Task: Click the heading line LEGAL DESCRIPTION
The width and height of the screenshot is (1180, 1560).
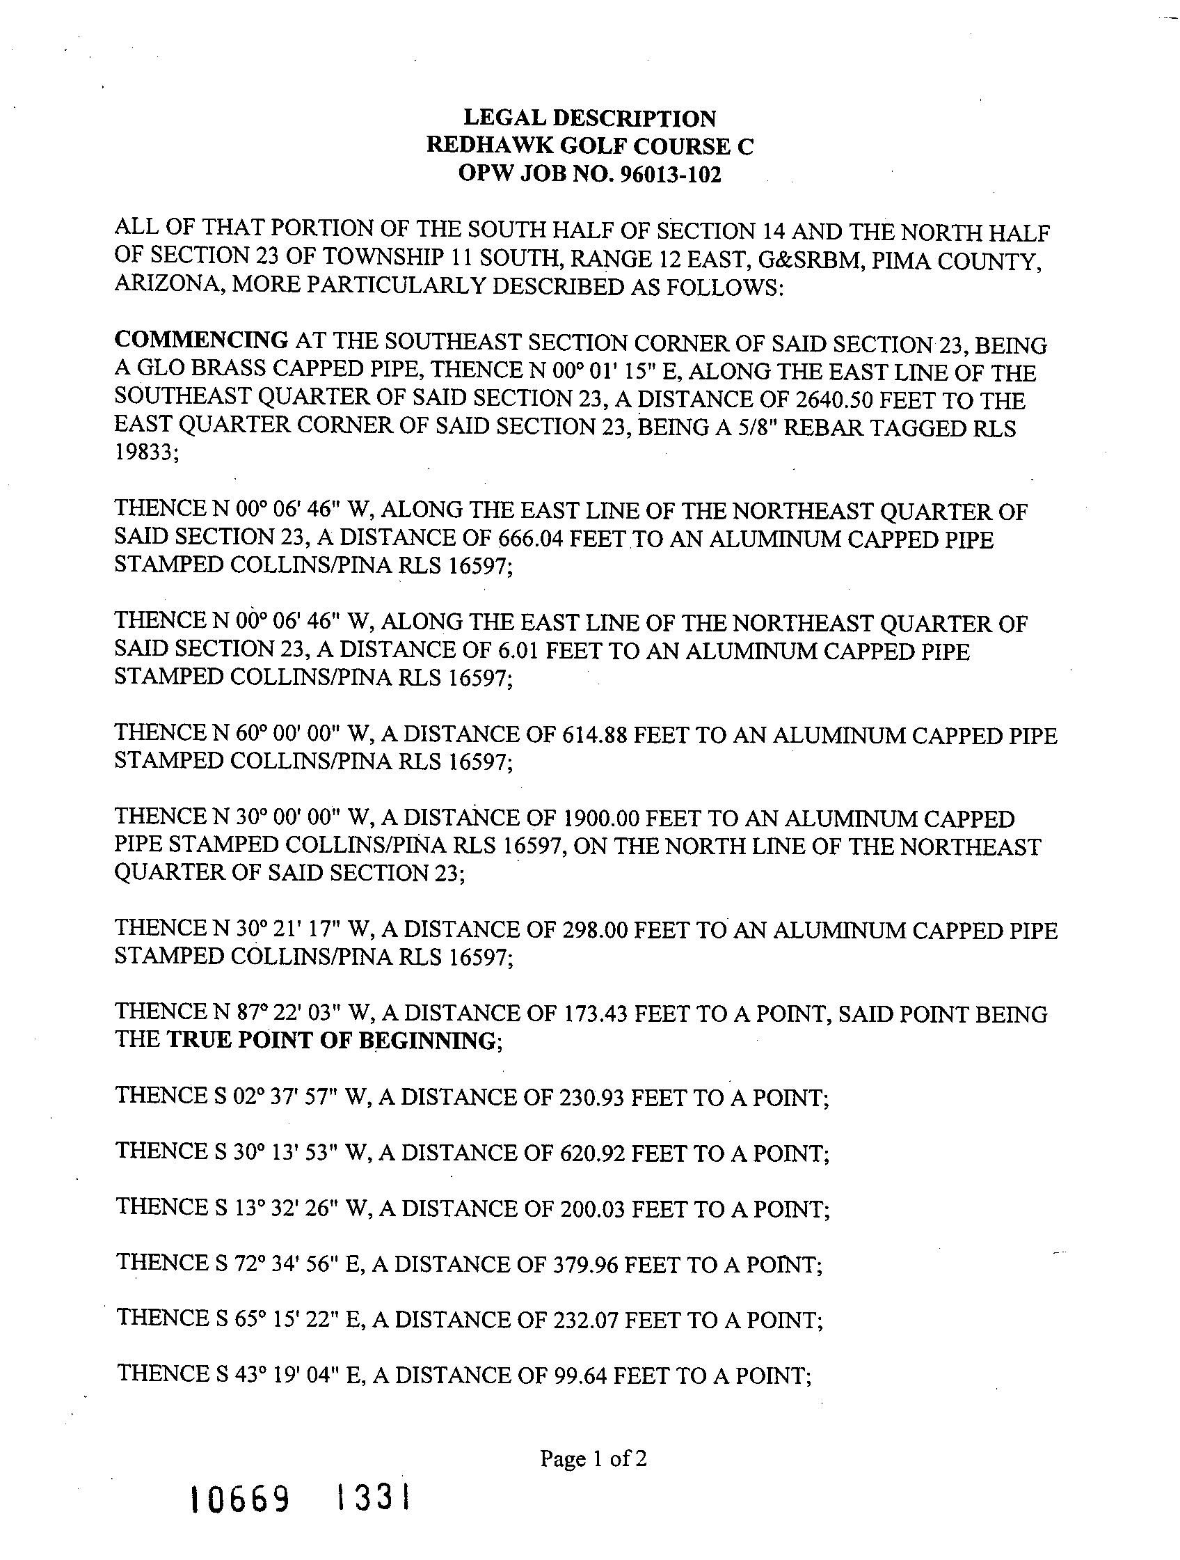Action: point(589,118)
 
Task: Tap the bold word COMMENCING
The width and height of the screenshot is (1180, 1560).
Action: point(201,340)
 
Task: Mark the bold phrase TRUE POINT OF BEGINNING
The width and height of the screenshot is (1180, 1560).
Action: point(331,1041)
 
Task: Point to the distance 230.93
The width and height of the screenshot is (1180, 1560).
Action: point(591,1097)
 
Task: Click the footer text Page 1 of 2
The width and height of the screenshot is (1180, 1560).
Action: point(593,1458)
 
